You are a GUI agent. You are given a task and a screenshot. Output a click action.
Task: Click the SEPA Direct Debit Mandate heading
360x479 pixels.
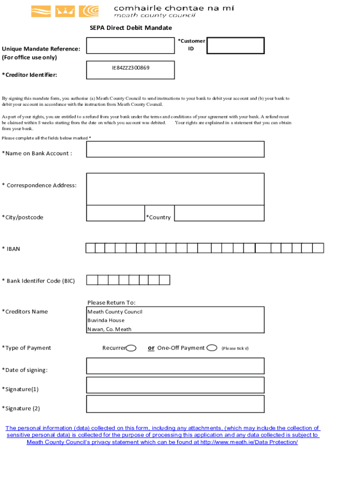[x=130, y=28]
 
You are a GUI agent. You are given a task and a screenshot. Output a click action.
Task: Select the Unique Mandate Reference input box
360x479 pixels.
[x=130, y=46]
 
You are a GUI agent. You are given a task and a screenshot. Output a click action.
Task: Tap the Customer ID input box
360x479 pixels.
[x=236, y=46]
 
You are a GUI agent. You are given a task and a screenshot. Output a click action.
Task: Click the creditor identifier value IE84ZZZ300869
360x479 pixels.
[x=130, y=68]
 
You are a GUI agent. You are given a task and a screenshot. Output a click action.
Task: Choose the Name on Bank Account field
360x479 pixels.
[x=175, y=149]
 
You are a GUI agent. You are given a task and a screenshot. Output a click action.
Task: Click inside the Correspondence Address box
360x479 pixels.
[x=175, y=189]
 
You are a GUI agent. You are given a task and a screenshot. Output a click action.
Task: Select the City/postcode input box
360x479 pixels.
[x=115, y=213]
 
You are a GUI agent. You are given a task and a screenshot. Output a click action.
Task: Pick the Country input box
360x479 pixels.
[x=219, y=213]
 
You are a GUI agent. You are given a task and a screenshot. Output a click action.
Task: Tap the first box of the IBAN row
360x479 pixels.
[x=91, y=248]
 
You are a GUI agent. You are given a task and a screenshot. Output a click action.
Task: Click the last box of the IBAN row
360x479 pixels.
[x=318, y=248]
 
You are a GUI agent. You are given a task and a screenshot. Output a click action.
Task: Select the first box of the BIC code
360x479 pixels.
[x=92, y=280]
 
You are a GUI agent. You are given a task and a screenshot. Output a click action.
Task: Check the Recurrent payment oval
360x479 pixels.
[x=131, y=348]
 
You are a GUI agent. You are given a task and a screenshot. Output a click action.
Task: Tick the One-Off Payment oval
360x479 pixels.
[x=212, y=348]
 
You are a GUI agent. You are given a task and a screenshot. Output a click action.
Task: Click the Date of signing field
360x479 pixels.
[x=175, y=366]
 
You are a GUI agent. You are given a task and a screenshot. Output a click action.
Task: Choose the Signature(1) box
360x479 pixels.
[x=175, y=385]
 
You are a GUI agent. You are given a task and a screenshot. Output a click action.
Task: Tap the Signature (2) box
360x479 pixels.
[x=175, y=404]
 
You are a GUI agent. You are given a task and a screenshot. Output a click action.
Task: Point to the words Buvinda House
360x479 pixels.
[x=106, y=320]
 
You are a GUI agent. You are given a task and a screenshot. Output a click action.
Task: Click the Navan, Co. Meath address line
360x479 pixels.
[x=109, y=329]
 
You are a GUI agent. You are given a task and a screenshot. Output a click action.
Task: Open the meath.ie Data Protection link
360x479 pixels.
[x=249, y=442]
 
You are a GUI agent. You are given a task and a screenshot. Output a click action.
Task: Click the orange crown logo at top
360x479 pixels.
[x=65, y=11]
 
